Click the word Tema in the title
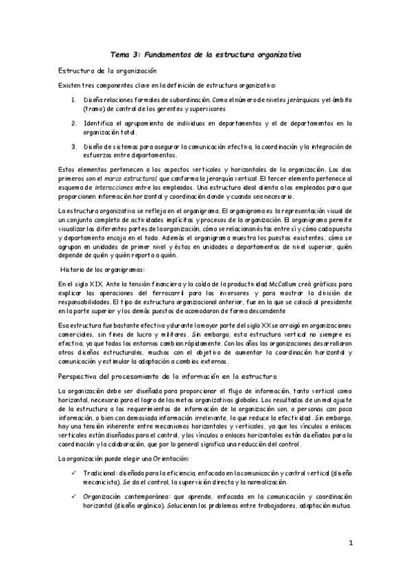coord(121,53)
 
